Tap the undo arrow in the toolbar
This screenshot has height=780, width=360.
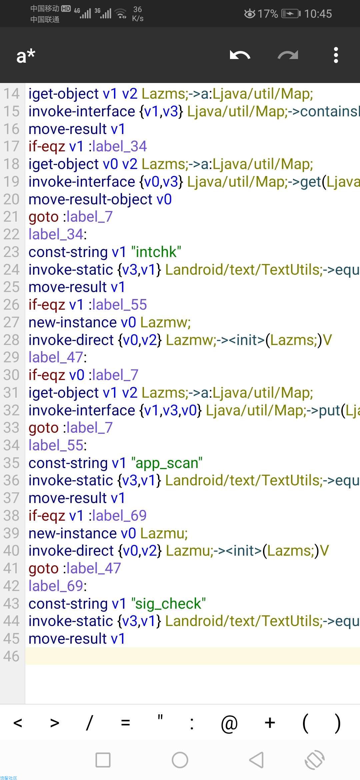240,55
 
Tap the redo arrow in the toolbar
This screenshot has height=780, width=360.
288,55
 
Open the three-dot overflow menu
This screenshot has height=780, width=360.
336,55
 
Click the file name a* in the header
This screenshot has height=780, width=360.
26,55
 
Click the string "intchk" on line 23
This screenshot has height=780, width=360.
156,252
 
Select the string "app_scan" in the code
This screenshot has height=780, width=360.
167,463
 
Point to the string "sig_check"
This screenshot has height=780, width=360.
169,604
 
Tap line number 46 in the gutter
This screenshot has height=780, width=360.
12,656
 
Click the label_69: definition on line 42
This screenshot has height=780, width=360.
58,586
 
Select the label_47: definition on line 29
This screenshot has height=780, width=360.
58,357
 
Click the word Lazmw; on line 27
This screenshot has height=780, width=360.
165,322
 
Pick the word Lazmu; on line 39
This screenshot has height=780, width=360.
164,533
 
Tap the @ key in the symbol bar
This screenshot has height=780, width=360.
229,723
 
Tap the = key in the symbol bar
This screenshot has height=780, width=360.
125,723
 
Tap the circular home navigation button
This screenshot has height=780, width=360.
180,760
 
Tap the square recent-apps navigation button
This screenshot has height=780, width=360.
103,760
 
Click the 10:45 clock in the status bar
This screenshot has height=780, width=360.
318,14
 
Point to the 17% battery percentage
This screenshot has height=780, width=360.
268,14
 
